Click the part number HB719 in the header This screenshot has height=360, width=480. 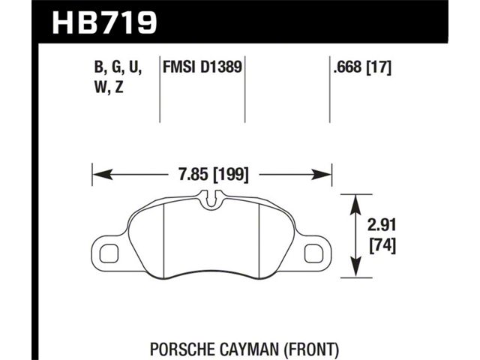pos(104,22)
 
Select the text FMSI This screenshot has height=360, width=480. pos(178,67)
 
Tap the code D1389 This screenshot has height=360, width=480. pos(221,67)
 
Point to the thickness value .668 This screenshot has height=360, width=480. pos(348,67)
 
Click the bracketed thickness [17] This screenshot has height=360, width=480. pos(379,67)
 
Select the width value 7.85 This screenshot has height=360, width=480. pos(193,175)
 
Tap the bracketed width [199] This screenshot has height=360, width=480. pos(231,175)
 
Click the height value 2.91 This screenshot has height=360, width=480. pos(382,226)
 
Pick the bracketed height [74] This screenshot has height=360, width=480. pos(382,246)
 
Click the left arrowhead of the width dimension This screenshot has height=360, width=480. pos(102,175)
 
